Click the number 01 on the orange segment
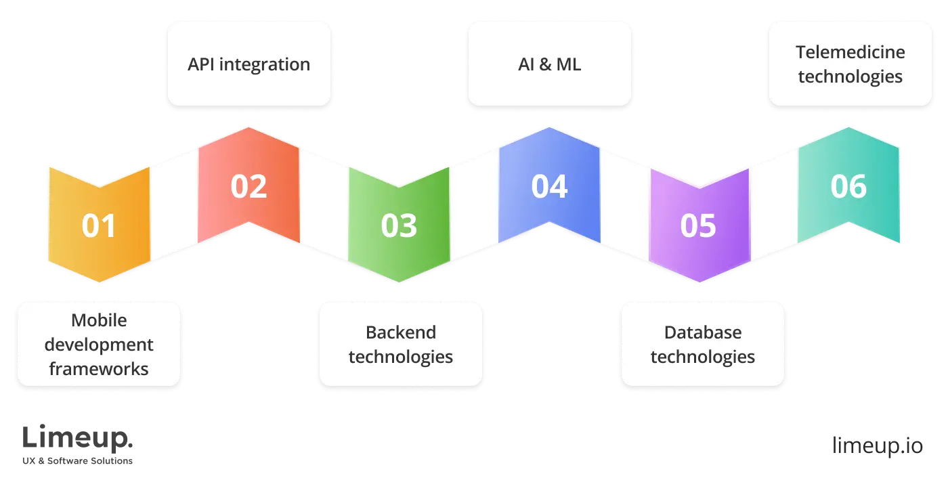(99, 225)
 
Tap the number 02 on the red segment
(249, 186)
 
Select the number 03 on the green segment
(399, 225)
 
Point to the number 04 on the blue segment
(548, 186)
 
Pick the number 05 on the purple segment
(698, 225)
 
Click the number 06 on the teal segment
(848, 186)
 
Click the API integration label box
(249, 64)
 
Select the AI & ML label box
(549, 64)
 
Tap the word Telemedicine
(850, 52)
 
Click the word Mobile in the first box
(99, 320)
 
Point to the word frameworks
(99, 369)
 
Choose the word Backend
(400, 332)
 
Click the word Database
(702, 332)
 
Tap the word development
(99, 345)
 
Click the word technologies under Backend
(400, 357)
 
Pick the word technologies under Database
(702, 357)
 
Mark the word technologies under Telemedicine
(850, 76)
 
